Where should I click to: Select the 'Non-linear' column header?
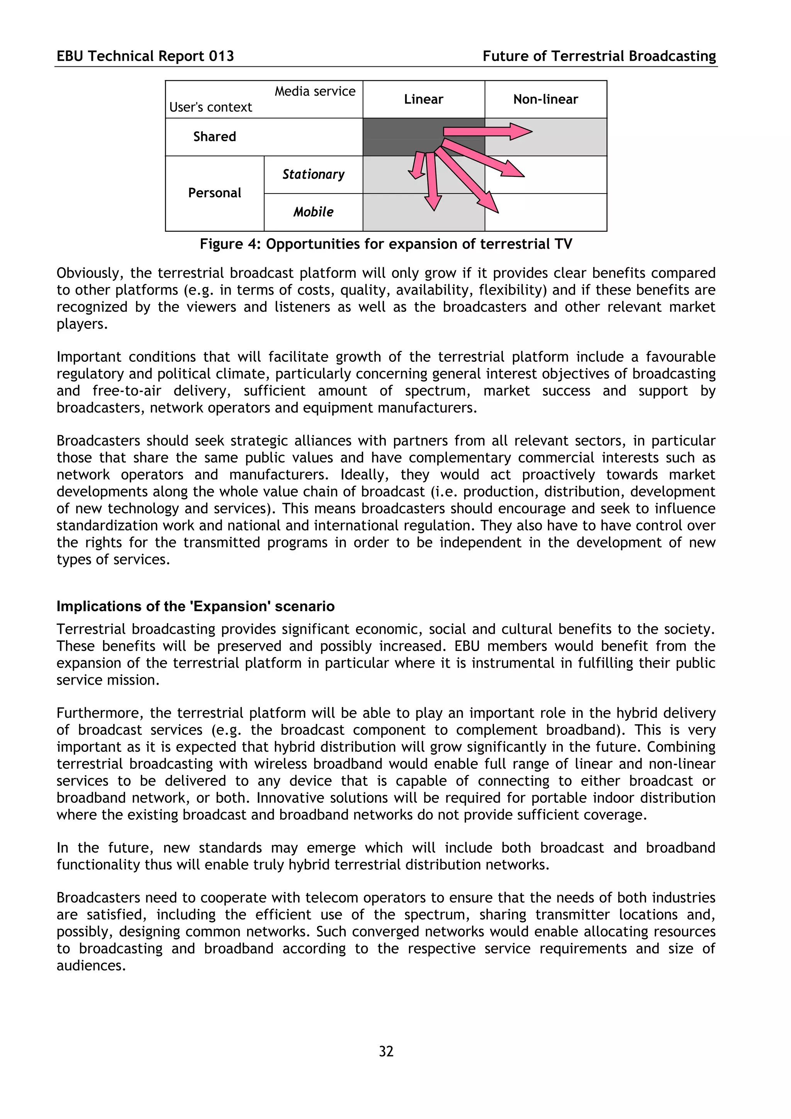tap(545, 99)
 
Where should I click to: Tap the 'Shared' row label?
tap(214, 136)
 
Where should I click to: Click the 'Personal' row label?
tap(214, 193)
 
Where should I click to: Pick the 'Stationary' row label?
tap(313, 175)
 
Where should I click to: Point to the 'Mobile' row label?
tap(313, 212)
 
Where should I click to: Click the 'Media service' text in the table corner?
tap(315, 91)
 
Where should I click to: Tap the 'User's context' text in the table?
tap(210, 107)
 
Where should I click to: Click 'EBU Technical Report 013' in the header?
tap(145, 56)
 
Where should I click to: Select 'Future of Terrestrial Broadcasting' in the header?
tap(599, 56)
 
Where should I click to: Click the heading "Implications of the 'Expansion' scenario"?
tap(195, 606)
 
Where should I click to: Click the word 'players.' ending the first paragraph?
tap(82, 324)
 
